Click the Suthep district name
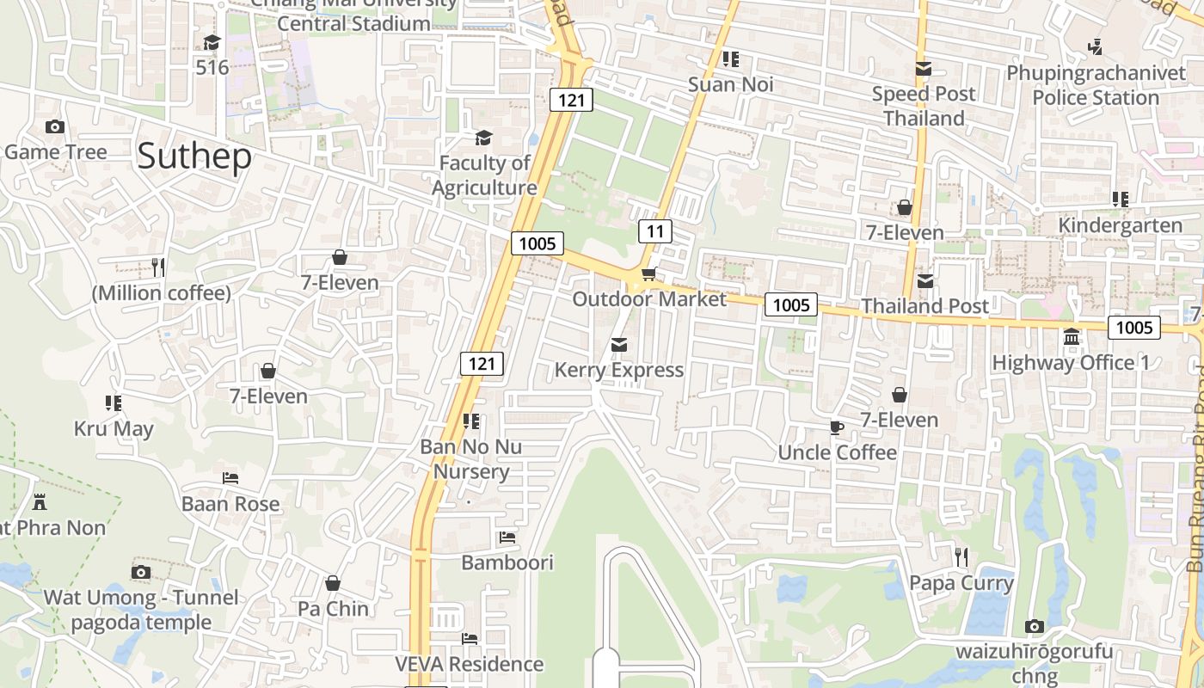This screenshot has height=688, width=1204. (194, 157)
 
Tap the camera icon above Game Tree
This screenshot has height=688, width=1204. (55, 127)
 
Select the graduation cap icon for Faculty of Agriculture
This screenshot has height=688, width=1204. (484, 138)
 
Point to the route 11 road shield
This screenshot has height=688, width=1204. (655, 230)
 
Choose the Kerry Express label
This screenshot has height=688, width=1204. (619, 370)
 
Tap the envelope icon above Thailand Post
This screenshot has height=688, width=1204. (925, 280)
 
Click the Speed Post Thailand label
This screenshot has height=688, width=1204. (924, 106)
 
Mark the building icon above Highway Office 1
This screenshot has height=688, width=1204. (1072, 337)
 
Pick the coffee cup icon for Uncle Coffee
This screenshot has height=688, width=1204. (837, 427)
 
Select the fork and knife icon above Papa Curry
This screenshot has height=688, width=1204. (961, 557)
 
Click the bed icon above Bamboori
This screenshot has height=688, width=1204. (507, 537)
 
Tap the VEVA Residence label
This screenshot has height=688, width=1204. (469, 664)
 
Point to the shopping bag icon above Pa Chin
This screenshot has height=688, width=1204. (333, 583)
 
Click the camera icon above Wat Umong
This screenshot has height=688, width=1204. (141, 572)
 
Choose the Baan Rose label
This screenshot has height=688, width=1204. (230, 504)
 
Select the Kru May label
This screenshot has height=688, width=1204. (114, 428)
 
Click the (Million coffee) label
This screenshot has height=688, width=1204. (162, 293)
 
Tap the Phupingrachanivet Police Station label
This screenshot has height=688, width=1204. (1096, 85)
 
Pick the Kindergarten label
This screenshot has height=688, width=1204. (1120, 225)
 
